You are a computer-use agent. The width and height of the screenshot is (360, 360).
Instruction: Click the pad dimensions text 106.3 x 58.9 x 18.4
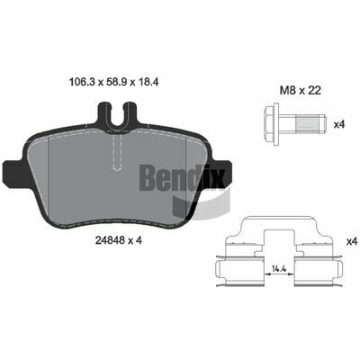click(113, 81)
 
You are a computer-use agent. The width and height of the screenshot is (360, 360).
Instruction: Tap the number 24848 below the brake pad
click(108, 240)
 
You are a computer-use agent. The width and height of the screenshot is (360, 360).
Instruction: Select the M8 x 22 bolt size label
click(301, 90)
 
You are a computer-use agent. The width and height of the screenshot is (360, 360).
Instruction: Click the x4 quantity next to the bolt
click(339, 124)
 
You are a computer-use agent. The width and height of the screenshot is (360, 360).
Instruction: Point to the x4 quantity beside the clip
click(353, 241)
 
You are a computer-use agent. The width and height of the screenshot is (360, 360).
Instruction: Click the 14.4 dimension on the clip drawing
click(278, 268)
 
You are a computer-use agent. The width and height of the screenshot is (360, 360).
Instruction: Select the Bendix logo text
click(183, 178)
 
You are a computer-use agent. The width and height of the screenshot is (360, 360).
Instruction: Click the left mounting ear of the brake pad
click(13, 174)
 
